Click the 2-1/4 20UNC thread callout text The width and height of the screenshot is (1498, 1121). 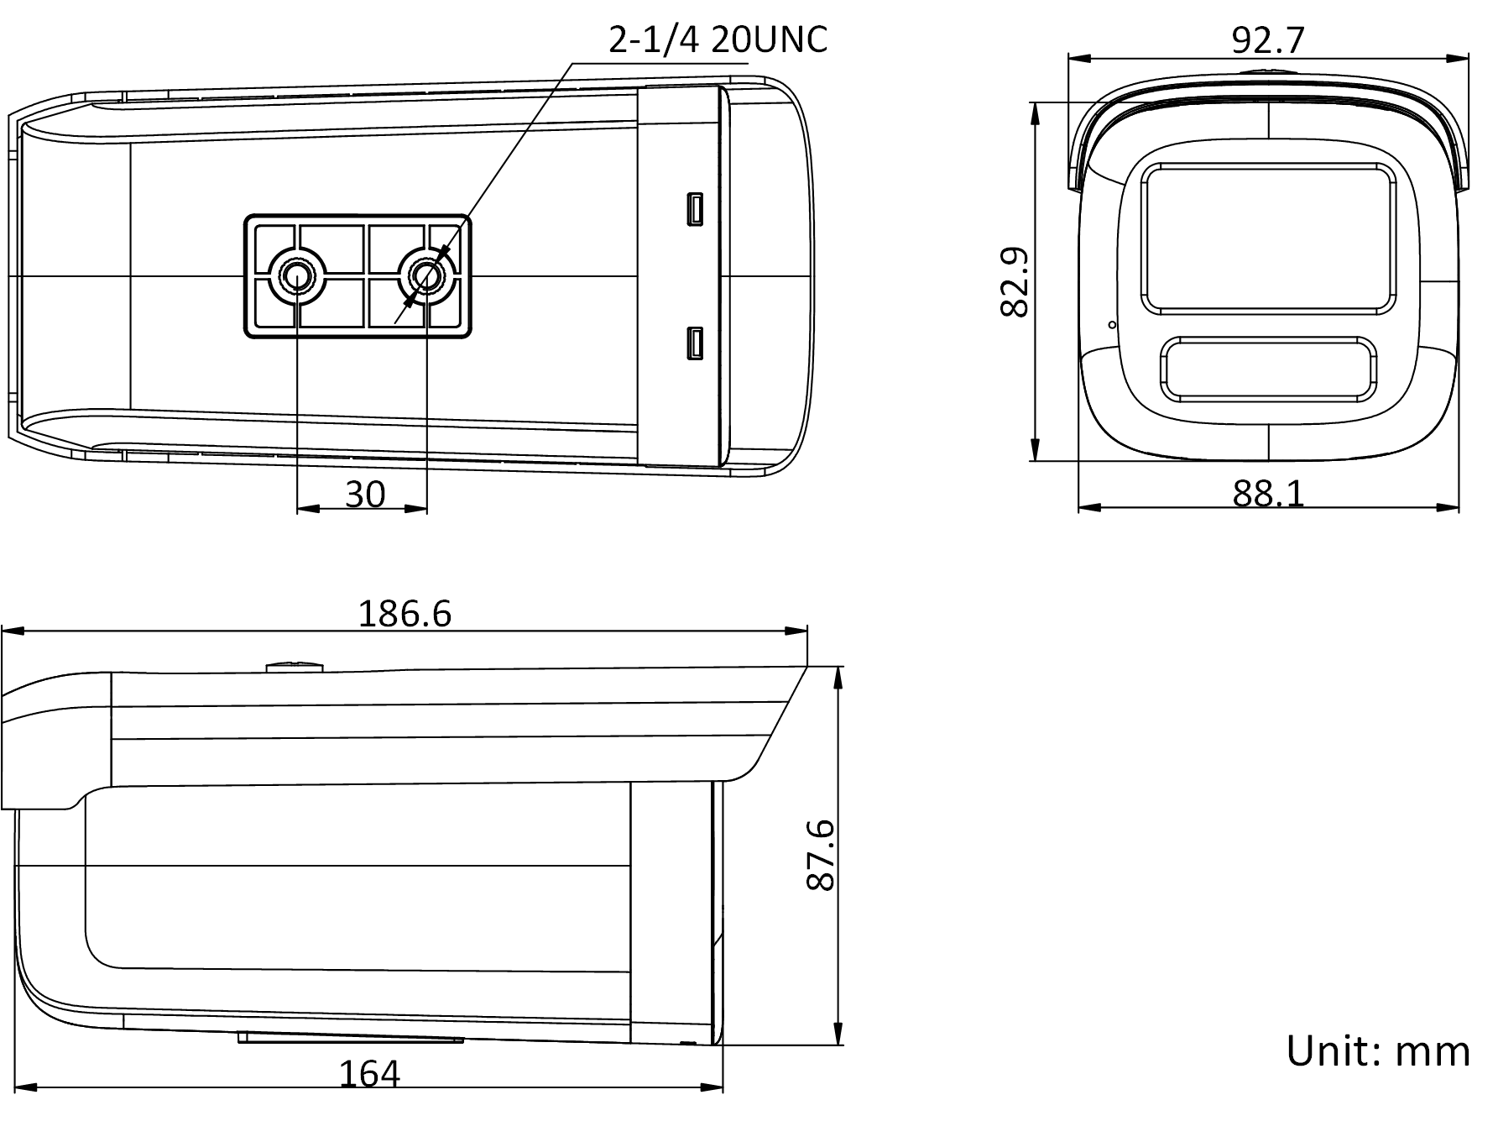click(x=718, y=39)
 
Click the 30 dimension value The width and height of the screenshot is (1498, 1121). click(x=364, y=495)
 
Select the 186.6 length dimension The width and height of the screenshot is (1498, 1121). click(x=405, y=614)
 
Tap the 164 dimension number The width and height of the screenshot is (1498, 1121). click(x=369, y=1073)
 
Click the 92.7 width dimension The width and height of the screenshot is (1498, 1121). click(x=1268, y=39)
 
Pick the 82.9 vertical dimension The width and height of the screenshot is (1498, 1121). click(x=1015, y=281)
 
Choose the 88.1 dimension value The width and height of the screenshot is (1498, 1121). click(x=1268, y=495)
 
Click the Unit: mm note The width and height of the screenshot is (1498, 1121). click(x=1377, y=1051)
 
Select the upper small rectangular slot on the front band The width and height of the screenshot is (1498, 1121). click(x=695, y=209)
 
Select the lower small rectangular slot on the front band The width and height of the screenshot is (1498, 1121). click(x=695, y=343)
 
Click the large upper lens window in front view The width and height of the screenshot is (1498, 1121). click(x=1268, y=239)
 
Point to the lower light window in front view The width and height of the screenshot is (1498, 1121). click(x=1268, y=369)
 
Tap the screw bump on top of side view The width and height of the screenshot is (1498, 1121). click(x=294, y=667)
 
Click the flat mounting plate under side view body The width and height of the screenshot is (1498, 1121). click(x=351, y=1039)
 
